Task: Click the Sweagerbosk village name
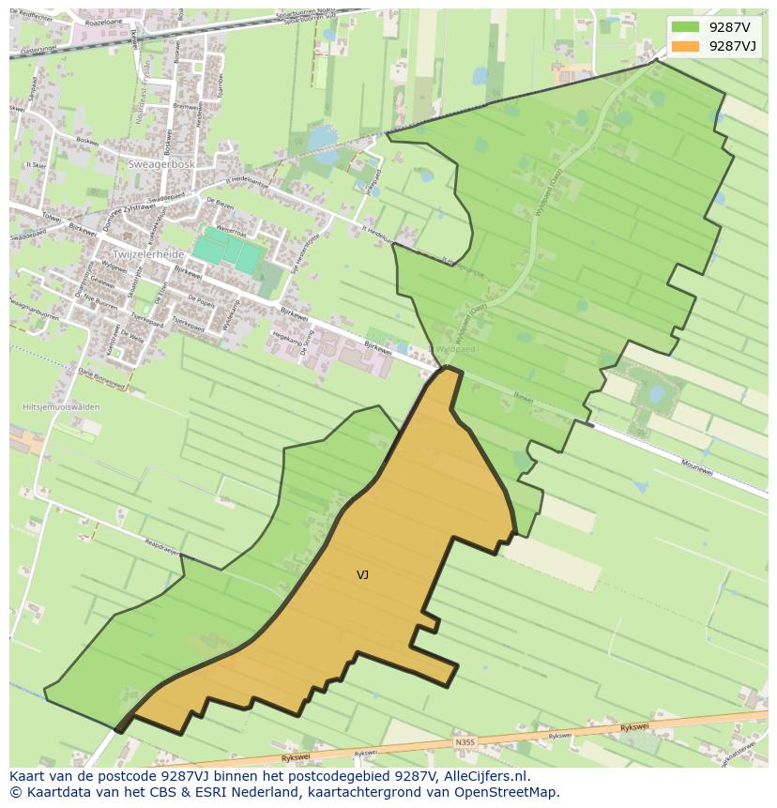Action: tap(160, 163)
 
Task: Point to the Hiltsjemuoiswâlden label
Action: tap(60, 407)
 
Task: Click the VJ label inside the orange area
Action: tap(362, 575)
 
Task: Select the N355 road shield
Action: tap(465, 742)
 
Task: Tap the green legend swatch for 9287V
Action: tap(685, 26)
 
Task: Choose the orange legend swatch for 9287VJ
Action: tap(685, 46)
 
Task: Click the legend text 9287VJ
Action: tap(734, 46)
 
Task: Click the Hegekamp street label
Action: tap(284, 334)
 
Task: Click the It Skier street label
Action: tap(37, 164)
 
